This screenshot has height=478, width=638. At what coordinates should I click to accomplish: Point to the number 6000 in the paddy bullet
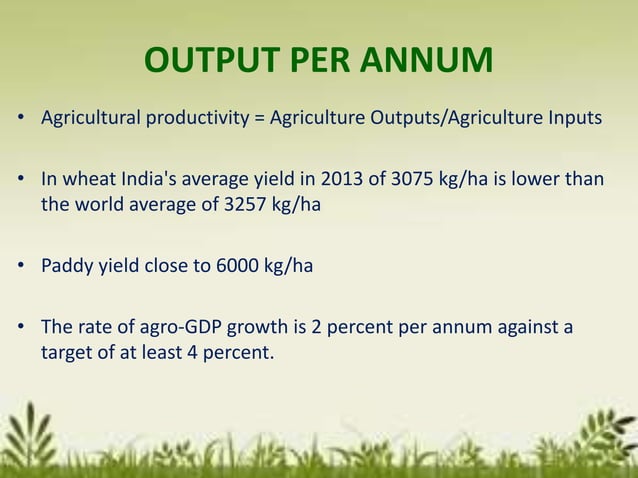(x=225, y=267)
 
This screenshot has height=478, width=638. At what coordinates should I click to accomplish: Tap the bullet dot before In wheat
(x=21, y=182)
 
